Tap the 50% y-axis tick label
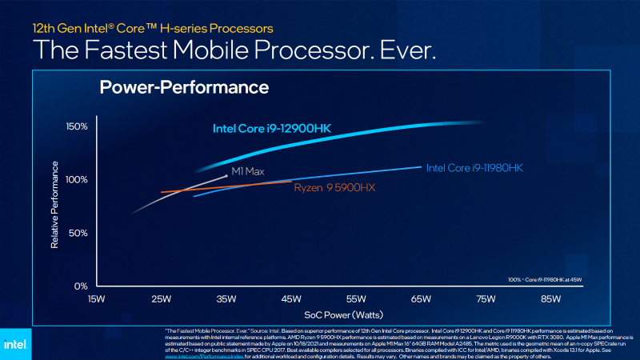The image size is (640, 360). (x=78, y=233)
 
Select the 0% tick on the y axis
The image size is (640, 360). (x=80, y=286)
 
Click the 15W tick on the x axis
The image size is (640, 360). (x=97, y=300)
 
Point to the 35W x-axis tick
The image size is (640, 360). (x=226, y=300)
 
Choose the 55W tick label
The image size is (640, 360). (x=356, y=300)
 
